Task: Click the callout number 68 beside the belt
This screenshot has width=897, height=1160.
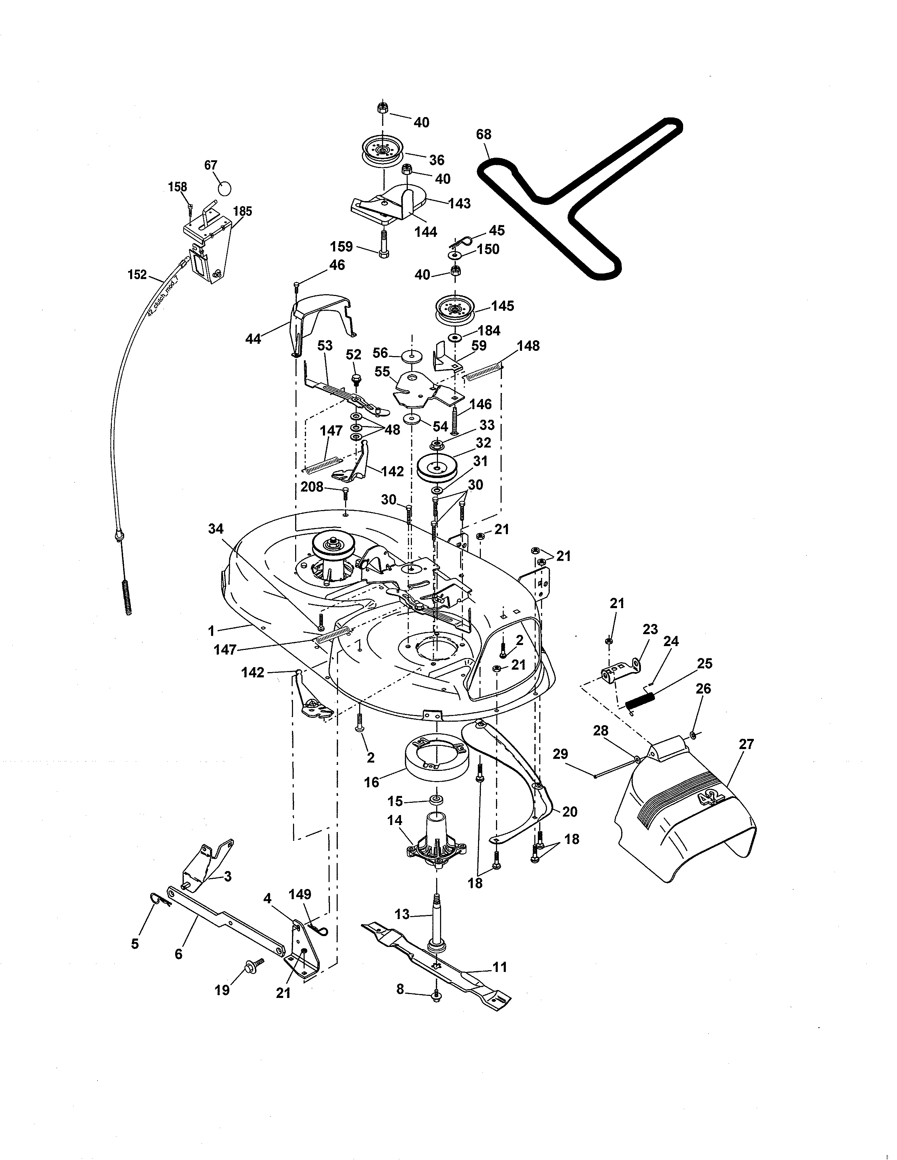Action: coord(484,134)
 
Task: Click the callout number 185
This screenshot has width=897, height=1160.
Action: coord(242,211)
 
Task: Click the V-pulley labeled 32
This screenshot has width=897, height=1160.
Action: coord(437,466)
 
